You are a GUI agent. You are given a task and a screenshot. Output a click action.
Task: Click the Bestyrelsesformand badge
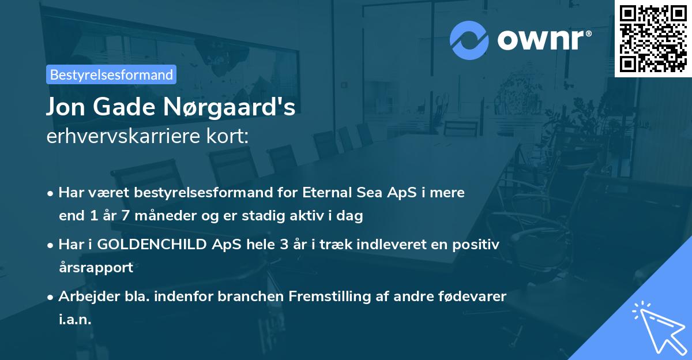[111, 74]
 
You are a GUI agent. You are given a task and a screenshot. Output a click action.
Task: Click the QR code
[653, 39]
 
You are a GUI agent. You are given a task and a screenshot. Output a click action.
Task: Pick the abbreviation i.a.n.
[75, 319]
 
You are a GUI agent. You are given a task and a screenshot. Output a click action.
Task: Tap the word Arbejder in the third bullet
[84, 296]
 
